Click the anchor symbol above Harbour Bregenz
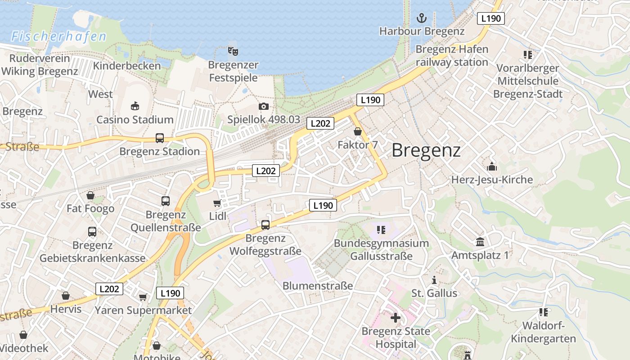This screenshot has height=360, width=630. pos(422,18)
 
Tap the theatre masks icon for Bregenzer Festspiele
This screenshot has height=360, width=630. pos(233,51)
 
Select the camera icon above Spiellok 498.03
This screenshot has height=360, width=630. pos(264,106)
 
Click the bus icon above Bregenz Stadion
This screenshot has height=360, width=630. pos(160,138)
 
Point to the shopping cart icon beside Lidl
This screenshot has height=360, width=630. pos(217,203)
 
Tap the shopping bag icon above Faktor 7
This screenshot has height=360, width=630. pos(358,131)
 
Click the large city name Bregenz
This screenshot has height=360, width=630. pos(426,150)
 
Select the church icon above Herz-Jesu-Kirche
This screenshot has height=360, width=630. pos(492,166)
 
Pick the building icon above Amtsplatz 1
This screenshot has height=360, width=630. pos(480,242)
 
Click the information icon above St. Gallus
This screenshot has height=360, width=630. pos(434,280)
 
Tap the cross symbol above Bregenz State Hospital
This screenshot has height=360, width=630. pos(396,318)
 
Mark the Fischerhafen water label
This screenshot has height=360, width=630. pos(59,37)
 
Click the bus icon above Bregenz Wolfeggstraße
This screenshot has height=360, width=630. pos(265,225)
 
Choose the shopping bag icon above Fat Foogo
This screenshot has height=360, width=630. pos(90,195)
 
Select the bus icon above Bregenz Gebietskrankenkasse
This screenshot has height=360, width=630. pos(92,232)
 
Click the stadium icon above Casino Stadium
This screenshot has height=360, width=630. pos(135,106)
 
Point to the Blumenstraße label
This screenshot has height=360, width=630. pos(318,286)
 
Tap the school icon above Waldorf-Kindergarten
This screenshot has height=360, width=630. pos(544,312)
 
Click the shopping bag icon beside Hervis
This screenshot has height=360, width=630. pos(66,296)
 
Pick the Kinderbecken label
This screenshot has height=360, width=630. pos(127,66)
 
